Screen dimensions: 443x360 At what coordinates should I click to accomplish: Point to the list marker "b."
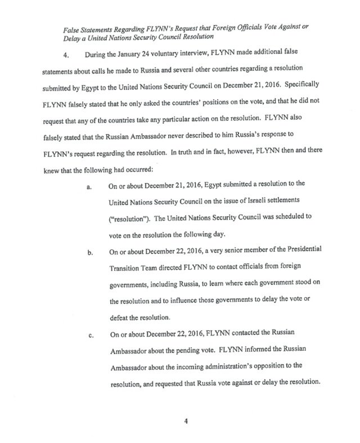[x=89, y=252]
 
